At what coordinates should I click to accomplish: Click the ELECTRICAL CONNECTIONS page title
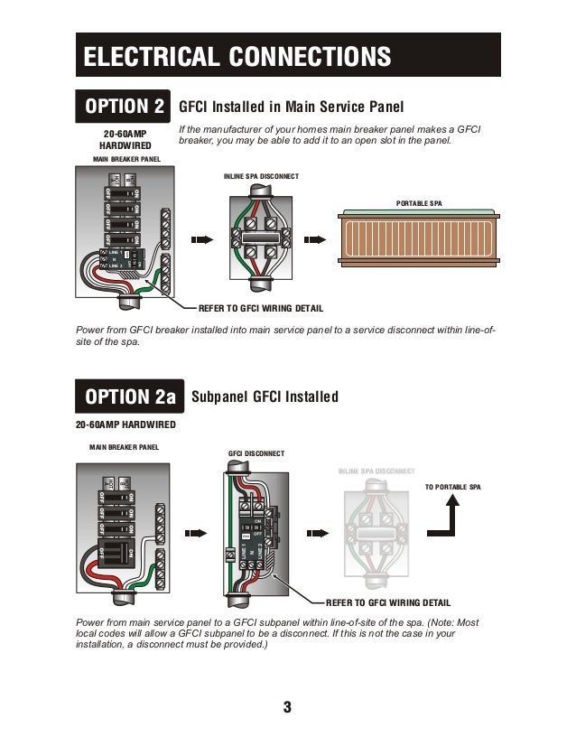(237, 56)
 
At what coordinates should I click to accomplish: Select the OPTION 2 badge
(125, 107)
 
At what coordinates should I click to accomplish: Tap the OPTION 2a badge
(130, 396)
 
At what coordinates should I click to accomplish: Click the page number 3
(287, 706)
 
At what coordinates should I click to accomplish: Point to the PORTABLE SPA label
(419, 204)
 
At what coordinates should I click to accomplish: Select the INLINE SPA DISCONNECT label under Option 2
(261, 175)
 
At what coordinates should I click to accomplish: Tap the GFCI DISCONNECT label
(257, 453)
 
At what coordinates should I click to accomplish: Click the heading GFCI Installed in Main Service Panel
(291, 107)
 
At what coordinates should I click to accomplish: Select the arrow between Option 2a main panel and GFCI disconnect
(195, 533)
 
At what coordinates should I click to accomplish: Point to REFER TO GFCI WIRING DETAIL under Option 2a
(387, 602)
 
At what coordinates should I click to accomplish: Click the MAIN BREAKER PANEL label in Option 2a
(124, 447)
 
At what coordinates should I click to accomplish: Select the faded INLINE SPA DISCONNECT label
(376, 471)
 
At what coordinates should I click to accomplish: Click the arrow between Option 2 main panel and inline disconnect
(201, 240)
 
